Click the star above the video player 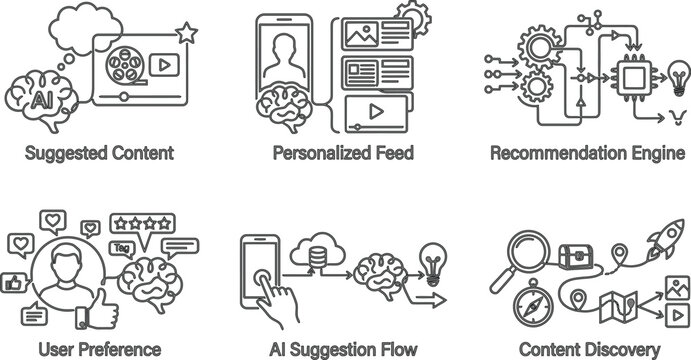coord(186,35)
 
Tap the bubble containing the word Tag coord(122,248)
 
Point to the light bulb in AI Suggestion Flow coord(432,256)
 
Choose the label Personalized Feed coord(344,154)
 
